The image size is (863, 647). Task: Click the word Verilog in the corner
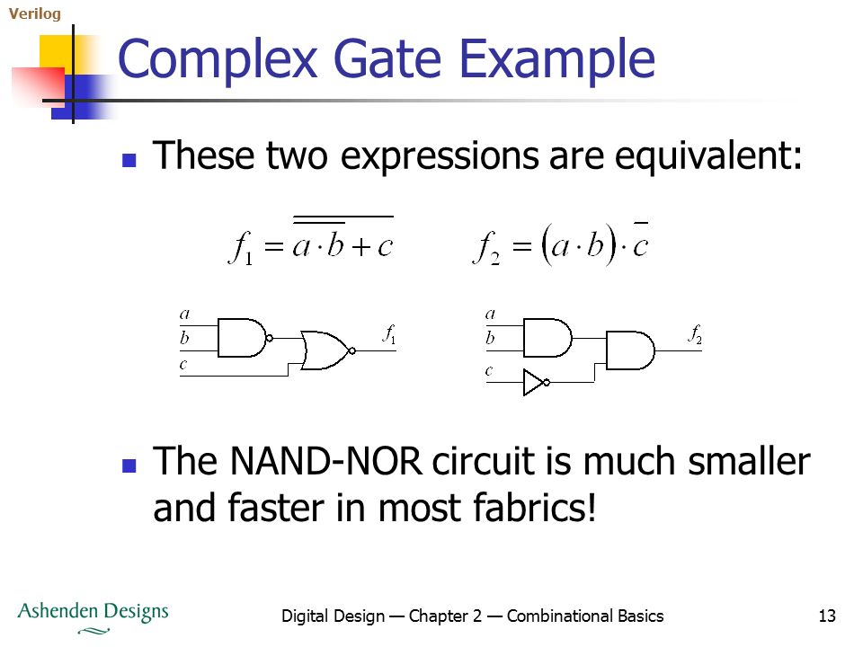[x=35, y=13]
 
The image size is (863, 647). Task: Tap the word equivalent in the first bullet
[x=708, y=155]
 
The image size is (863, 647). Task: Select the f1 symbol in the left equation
[x=242, y=248]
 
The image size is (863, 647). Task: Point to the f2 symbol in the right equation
[x=486, y=248]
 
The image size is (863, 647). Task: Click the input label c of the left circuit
[x=183, y=364]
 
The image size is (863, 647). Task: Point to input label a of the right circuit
[x=491, y=315]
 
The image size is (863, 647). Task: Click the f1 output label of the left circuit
[x=389, y=334]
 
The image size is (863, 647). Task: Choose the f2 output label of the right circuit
[x=695, y=334]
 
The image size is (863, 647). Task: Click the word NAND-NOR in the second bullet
[x=326, y=460]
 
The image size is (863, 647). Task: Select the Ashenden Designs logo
[x=93, y=617]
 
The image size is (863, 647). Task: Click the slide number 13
[x=827, y=616]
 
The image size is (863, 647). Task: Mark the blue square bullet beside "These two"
[x=129, y=160]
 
